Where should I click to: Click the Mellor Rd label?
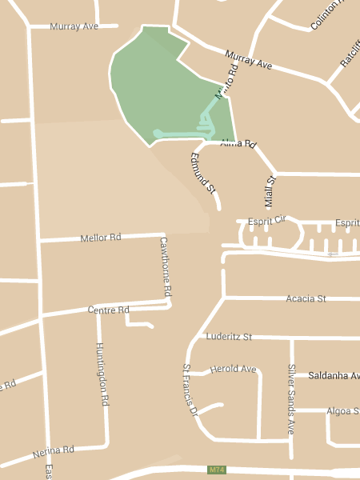(100, 238)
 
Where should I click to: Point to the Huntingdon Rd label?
(102, 374)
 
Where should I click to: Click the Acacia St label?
(306, 298)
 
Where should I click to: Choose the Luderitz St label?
(229, 337)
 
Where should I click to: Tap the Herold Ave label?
(233, 369)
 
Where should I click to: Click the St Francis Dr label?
(190, 390)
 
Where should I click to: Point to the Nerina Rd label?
(54, 454)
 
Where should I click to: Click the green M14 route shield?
(216, 470)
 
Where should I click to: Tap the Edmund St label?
(202, 173)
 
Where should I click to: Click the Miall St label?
(269, 192)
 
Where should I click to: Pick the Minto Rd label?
(226, 82)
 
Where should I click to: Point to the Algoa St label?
(342, 411)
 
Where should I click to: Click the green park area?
(160, 88)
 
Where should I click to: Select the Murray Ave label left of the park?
(74, 26)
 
